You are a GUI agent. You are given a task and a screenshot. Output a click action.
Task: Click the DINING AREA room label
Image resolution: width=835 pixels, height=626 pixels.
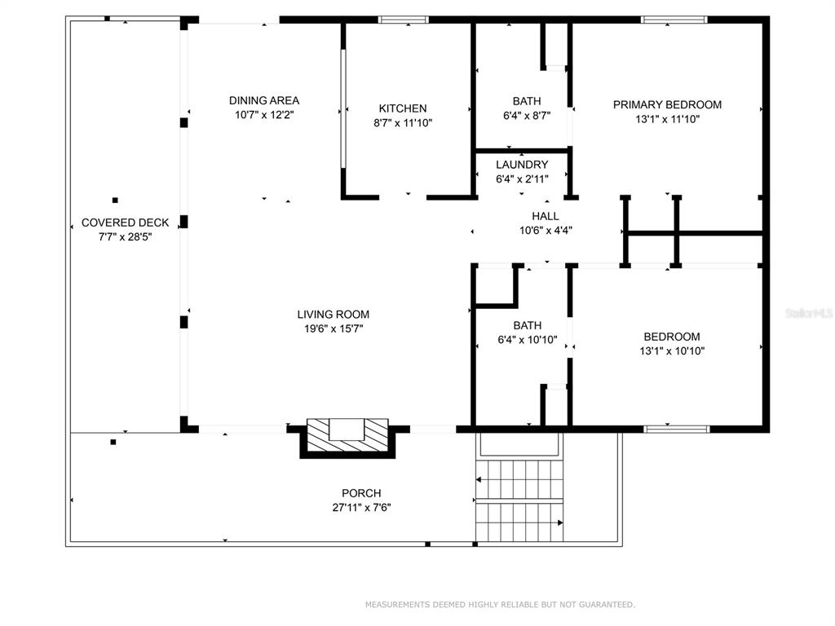tap(264, 100)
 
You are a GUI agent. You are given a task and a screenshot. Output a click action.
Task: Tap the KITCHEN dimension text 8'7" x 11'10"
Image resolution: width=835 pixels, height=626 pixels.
tap(403, 123)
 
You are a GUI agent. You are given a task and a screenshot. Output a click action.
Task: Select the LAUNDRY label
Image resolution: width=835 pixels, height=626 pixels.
tap(522, 165)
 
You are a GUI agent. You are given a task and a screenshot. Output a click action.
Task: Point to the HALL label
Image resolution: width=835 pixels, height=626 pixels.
tap(546, 215)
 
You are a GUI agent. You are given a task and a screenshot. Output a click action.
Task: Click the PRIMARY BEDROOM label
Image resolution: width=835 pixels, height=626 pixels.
tap(667, 104)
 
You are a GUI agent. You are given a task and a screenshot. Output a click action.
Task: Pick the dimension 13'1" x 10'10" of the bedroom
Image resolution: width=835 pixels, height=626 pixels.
tap(672, 350)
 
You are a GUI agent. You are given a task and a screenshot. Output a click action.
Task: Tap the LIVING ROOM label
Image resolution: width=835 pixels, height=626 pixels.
tap(334, 314)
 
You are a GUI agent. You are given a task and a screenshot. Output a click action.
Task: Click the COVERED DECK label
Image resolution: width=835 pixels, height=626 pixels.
tap(125, 223)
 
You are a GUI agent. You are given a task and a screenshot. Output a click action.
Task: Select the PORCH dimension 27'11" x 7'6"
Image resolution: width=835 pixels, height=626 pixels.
tap(361, 507)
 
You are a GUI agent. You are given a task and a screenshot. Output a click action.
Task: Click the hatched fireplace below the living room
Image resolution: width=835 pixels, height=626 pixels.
tap(347, 438)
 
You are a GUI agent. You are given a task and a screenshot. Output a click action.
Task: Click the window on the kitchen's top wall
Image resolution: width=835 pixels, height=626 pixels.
tap(403, 20)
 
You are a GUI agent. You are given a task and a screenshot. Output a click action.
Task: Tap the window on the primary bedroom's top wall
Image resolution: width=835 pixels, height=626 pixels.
tap(674, 20)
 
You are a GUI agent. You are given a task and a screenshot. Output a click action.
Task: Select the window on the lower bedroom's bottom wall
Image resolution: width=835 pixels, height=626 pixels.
tap(677, 429)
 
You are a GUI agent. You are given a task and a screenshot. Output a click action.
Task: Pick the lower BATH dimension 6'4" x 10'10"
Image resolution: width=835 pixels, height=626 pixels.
tap(528, 340)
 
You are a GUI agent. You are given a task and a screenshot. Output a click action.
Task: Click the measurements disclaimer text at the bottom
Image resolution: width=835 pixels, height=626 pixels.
tap(500, 604)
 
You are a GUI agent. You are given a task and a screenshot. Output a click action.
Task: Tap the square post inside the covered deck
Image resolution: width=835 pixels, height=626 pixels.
tap(115, 201)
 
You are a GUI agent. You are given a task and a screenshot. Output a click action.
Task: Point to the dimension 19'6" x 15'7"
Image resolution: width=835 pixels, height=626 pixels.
tap(334, 328)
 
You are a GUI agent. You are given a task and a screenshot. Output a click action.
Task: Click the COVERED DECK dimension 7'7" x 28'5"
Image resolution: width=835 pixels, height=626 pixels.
tap(125, 237)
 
